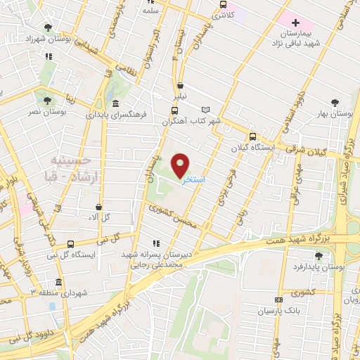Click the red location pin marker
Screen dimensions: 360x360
[181, 165]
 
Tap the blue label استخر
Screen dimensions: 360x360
[193, 181]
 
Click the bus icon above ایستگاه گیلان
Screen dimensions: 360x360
[253, 137]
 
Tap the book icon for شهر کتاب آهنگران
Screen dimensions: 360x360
[205, 110]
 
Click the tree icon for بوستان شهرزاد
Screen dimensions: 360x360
[48, 27]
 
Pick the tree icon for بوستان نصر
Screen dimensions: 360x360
[48, 101]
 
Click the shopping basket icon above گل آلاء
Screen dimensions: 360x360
[99, 207]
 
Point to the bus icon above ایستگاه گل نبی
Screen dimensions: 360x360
[70, 243]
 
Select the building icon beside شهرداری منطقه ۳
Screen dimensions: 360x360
[58, 283]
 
